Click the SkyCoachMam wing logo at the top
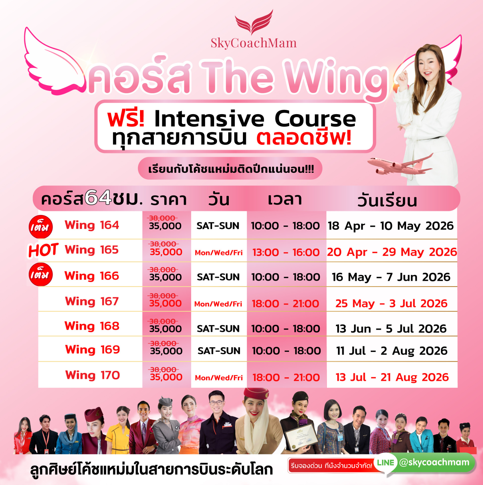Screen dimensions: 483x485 [254, 22]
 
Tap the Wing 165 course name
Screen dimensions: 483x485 [92, 250]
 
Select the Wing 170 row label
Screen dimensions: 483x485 [92, 375]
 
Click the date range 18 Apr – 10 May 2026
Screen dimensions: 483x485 [391, 226]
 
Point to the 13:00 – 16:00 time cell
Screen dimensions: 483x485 [286, 252]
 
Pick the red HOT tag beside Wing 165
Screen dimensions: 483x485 [43, 250]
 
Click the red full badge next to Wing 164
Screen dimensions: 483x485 [41, 227]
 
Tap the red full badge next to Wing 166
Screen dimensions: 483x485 [41, 274]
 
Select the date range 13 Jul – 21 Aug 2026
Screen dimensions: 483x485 [392, 377]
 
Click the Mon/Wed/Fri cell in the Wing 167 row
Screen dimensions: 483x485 [218, 304]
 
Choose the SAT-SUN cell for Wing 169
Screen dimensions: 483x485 [219, 351]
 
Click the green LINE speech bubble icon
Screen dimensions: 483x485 [386, 464]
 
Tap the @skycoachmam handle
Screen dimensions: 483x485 [434, 462]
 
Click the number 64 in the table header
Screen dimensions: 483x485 [98, 197]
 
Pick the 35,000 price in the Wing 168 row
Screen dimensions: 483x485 [165, 329]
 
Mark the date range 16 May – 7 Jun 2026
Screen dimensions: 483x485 [391, 277]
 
